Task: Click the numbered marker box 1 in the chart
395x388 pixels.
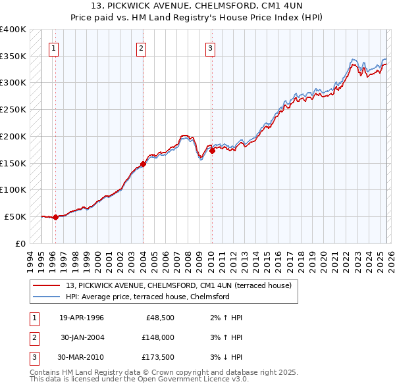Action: (53, 47)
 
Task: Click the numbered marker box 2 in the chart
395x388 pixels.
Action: (142, 47)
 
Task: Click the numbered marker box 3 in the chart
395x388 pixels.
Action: (210, 47)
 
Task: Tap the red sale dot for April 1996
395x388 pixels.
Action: (55, 217)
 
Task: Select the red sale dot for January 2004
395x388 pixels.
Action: (144, 164)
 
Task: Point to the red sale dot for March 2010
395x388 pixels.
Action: (212, 151)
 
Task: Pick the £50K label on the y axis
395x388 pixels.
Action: (16, 216)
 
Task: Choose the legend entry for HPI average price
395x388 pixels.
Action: (147, 297)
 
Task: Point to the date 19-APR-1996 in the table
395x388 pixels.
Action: (82, 318)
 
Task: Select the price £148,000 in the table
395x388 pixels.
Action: (157, 337)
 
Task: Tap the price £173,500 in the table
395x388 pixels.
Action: (157, 357)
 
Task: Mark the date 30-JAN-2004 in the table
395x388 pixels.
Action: (82, 337)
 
